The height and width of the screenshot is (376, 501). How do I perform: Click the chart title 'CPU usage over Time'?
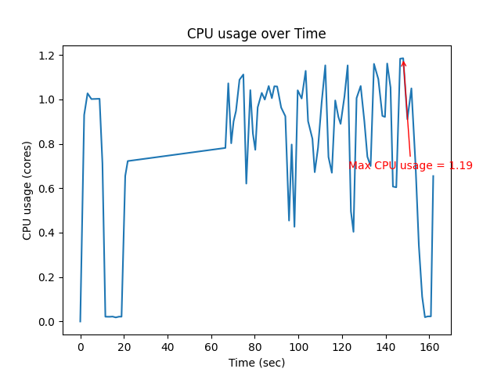click(256, 34)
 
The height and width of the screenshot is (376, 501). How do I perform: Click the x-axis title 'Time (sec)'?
click(256, 363)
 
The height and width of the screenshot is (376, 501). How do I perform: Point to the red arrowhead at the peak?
click(403, 63)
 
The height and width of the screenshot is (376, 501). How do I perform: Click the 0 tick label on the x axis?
click(80, 347)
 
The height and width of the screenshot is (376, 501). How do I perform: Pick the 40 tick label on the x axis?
click(168, 347)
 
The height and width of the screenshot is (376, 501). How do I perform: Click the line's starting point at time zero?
click(80, 321)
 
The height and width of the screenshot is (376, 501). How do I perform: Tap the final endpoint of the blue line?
click(433, 176)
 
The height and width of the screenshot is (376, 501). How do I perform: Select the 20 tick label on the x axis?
click(124, 347)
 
